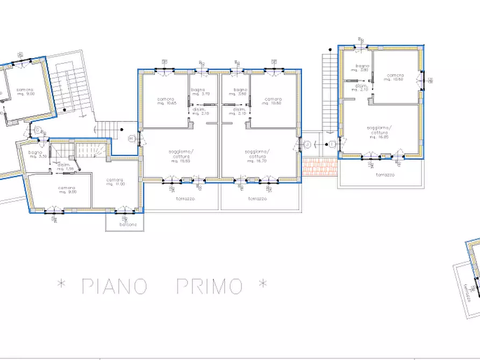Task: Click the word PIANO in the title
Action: click(114, 286)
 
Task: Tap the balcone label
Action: click(125, 224)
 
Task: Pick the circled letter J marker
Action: click(307, 144)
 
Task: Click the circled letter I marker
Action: click(332, 144)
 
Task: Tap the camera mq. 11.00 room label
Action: click(116, 182)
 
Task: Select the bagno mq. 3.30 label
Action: click(35, 154)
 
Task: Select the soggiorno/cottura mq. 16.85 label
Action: click(379, 132)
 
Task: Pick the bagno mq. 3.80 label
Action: click(359, 68)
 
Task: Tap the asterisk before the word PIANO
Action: click(61, 284)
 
